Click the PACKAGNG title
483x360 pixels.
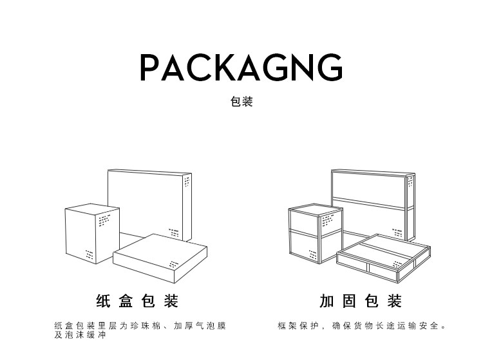pyautogui.click(x=241, y=67)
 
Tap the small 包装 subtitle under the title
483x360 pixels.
pyautogui.click(x=241, y=102)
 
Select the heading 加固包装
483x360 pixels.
pyautogui.click(x=360, y=301)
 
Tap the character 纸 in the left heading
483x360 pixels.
pyautogui.click(x=103, y=301)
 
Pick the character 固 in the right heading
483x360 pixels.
pyautogui.click(x=349, y=301)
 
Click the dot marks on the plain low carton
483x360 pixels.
pyautogui.click(x=175, y=264)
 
